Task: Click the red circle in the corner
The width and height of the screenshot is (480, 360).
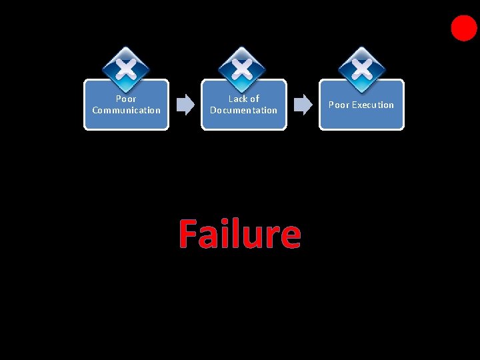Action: pos(464,28)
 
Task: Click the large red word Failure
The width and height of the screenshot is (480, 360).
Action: pos(239,234)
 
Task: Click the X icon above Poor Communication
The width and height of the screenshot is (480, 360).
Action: pos(126,68)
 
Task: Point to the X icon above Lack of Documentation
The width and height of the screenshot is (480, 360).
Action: pos(243,68)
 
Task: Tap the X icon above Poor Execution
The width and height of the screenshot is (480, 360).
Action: pos(361,68)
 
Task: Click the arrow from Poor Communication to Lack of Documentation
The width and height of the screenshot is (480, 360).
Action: pos(184,105)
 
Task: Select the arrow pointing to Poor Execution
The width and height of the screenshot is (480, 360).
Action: pos(303,105)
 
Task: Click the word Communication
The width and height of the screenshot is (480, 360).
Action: pos(127,111)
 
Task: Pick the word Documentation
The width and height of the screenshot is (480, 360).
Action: pos(243,111)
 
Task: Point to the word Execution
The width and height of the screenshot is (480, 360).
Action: pos(373,105)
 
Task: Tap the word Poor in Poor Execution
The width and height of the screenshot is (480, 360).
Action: pos(339,105)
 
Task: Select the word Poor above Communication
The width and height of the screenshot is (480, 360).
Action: pos(126,99)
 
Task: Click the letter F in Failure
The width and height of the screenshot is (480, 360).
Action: pos(189,234)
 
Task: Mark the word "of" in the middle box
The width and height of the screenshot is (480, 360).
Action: pos(254,99)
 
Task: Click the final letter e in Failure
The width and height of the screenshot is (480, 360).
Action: pos(290,237)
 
